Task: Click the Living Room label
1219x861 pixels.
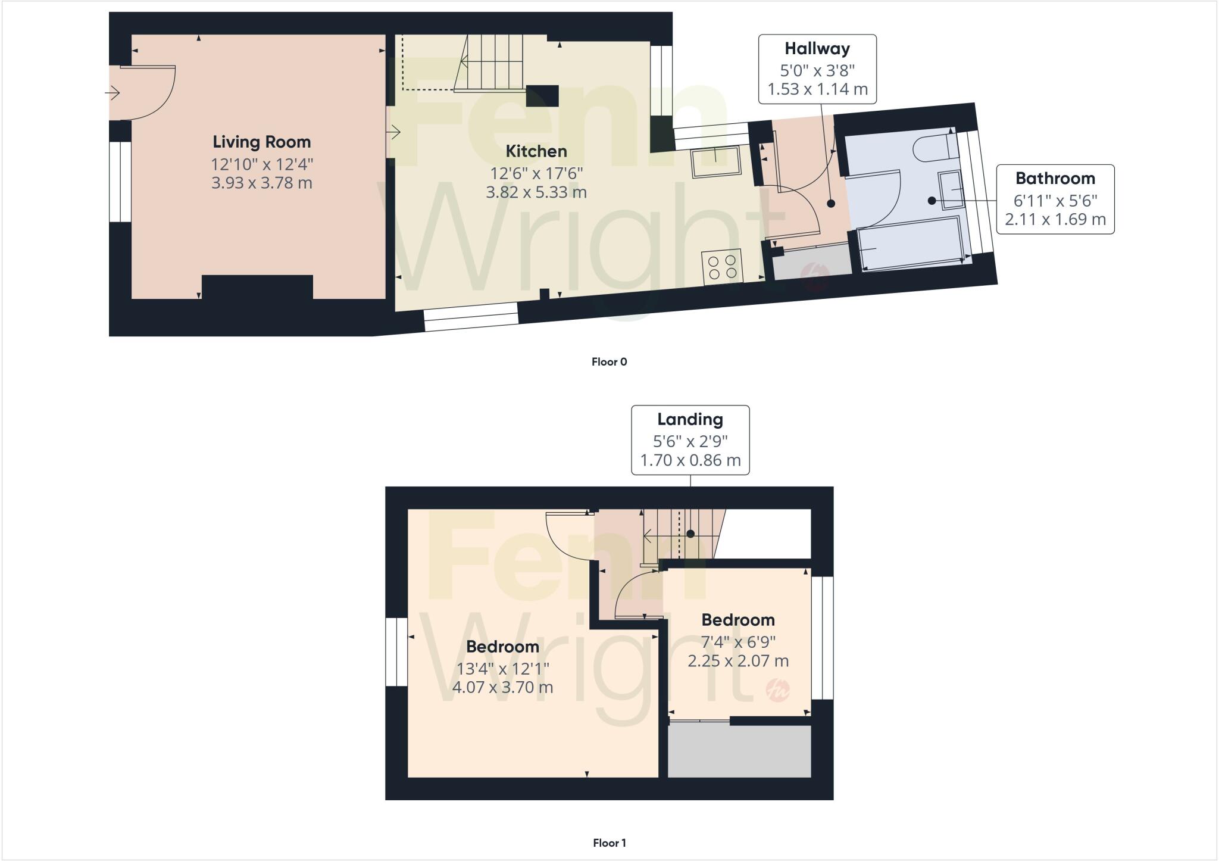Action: click(x=261, y=142)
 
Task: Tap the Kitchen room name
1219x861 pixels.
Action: click(x=536, y=151)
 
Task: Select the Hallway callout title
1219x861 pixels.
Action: click(x=817, y=49)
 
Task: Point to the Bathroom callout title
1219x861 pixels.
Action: click(x=1055, y=179)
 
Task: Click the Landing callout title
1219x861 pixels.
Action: click(x=690, y=419)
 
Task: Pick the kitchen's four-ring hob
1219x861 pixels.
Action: click(x=723, y=267)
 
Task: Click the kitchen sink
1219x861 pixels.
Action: click(x=715, y=161)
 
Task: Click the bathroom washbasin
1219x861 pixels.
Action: click(x=951, y=189)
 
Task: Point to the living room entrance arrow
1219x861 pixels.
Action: click(x=112, y=93)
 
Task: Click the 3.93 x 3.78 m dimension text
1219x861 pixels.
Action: click(x=261, y=183)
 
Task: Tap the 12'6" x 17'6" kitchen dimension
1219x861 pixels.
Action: click(x=536, y=173)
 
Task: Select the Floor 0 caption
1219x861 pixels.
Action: click(x=609, y=362)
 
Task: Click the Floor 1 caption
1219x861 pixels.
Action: click(x=609, y=843)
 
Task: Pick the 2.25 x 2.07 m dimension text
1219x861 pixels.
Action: click(x=738, y=661)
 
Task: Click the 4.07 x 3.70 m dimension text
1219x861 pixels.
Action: click(x=502, y=688)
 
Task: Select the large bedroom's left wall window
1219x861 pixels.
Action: click(x=396, y=652)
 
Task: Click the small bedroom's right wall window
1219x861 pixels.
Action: click(x=822, y=637)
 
